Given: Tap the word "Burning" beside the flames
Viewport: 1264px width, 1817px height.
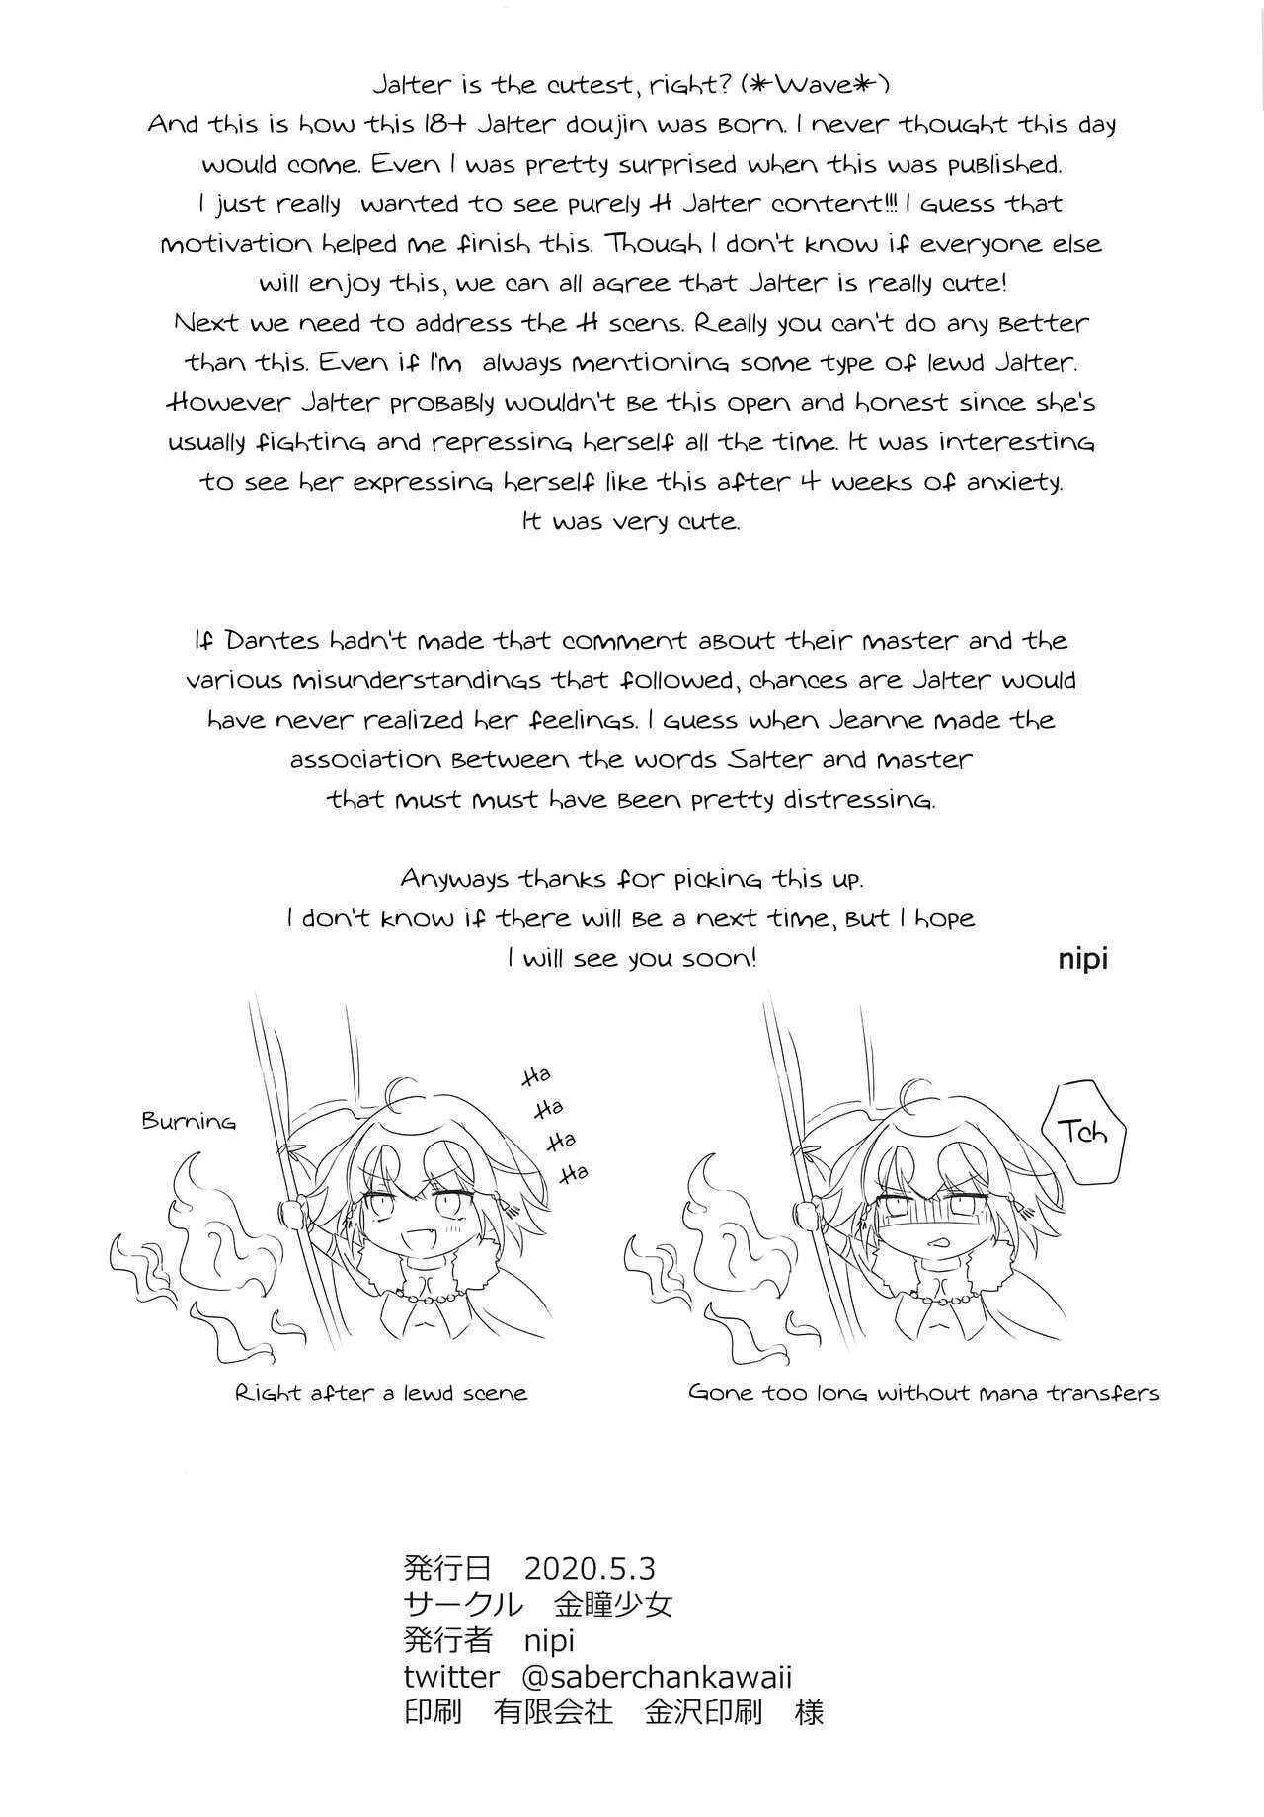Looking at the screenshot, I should coord(189,1121).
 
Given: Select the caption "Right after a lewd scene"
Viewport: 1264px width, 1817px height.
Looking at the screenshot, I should coord(381,1393).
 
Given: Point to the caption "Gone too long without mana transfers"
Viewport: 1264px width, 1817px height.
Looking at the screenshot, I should coord(923,1393).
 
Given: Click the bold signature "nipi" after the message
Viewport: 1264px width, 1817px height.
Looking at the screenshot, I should coord(1082,959).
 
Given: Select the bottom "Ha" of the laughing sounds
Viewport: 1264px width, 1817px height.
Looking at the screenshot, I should coord(574,1173).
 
